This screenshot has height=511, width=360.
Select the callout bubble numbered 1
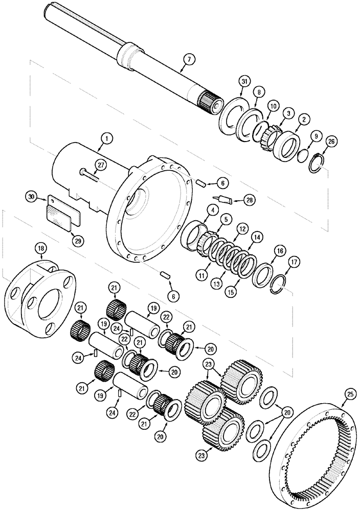click(106, 137)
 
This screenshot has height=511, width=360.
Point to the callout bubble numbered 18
click(40, 249)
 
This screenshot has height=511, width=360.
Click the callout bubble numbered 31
click(244, 82)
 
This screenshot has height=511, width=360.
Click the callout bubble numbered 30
click(32, 196)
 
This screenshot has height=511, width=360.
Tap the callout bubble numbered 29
click(77, 240)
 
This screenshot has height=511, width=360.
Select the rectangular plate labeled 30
click(63, 212)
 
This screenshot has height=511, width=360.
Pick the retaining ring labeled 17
click(277, 284)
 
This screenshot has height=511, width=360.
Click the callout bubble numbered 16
click(279, 251)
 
